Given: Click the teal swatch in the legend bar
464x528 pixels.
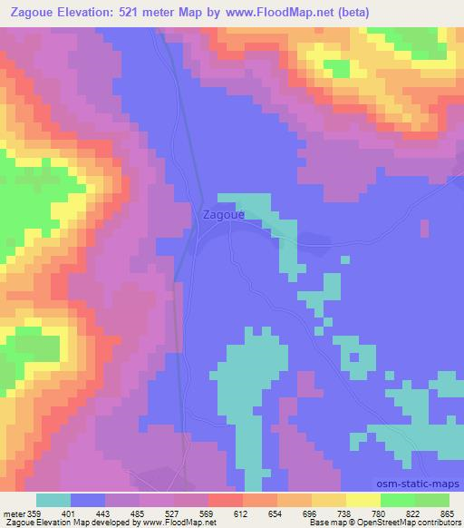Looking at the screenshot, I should [53, 499].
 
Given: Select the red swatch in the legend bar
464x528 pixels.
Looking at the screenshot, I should [224, 499].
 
